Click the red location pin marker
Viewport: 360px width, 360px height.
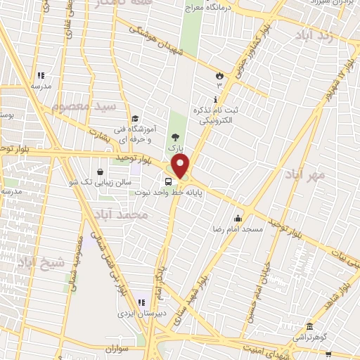pyautogui.click(x=181, y=167)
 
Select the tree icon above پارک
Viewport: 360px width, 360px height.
pyautogui.click(x=174, y=138)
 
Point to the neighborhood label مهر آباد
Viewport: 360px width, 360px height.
pyautogui.click(x=304, y=173)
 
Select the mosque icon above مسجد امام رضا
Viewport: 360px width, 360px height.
pyautogui.click(x=238, y=217)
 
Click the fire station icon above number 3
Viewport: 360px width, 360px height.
pyautogui.click(x=219, y=75)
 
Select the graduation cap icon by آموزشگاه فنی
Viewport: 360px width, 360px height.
pyautogui.click(x=134, y=118)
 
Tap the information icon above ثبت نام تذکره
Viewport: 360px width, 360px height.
pyautogui.click(x=214, y=98)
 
